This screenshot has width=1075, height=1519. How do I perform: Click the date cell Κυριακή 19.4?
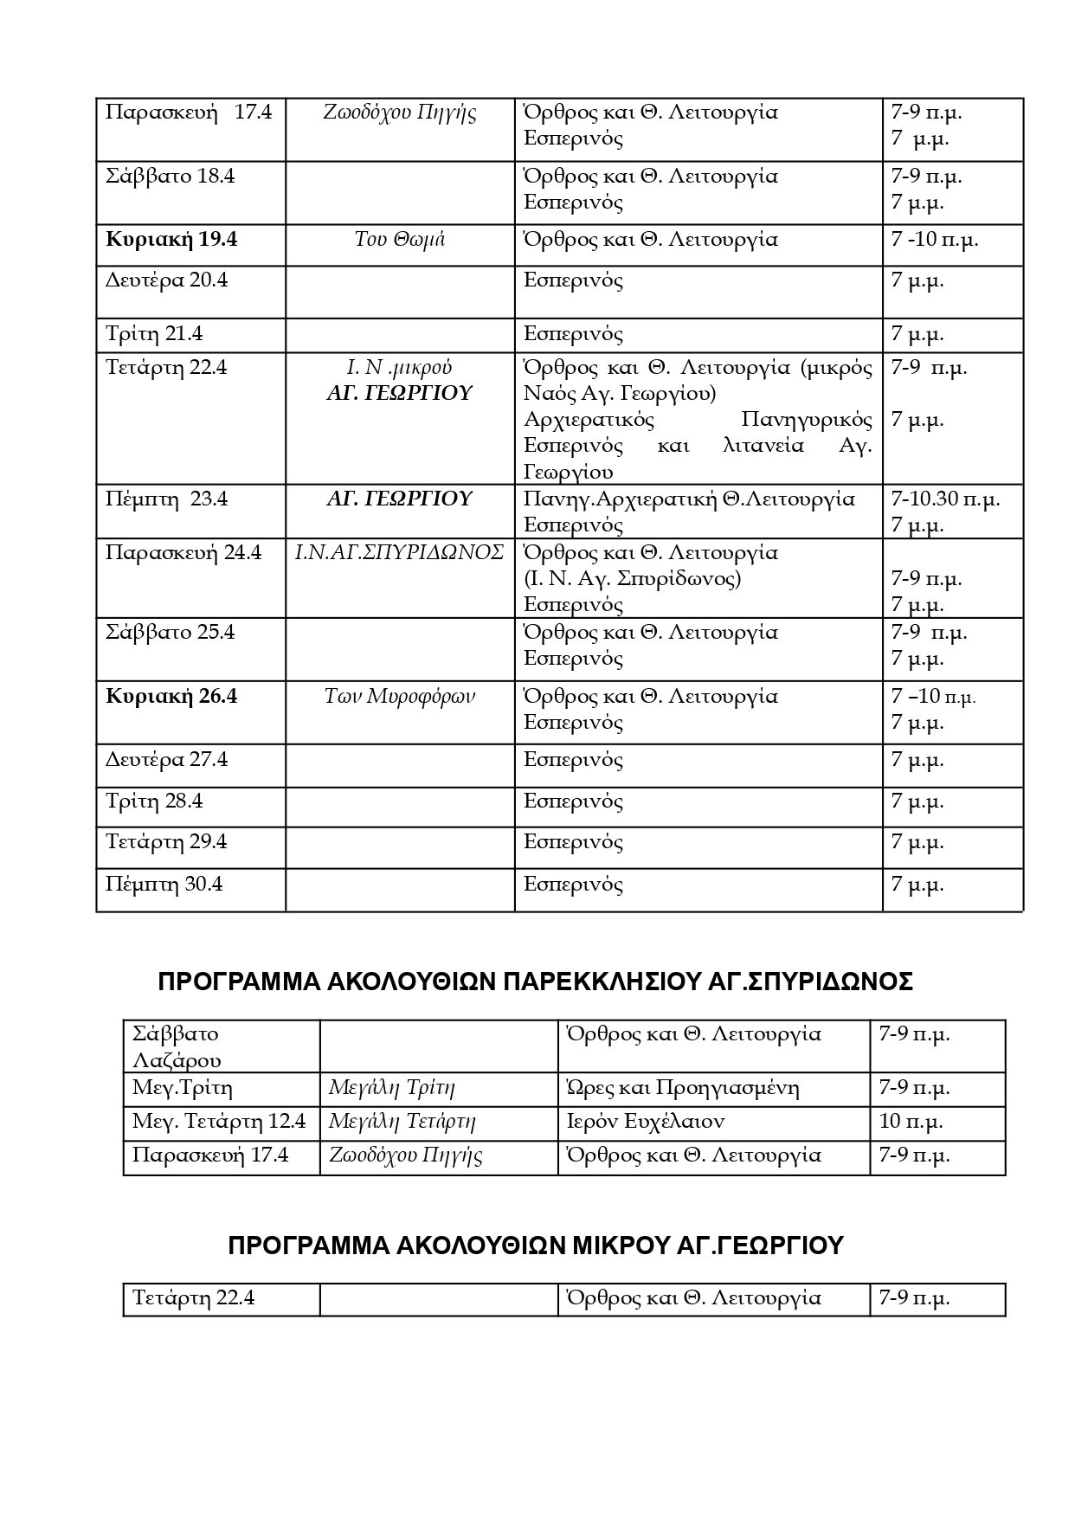[x=171, y=240]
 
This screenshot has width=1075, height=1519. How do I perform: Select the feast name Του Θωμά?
[x=399, y=240]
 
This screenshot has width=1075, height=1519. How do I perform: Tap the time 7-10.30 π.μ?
[x=945, y=499]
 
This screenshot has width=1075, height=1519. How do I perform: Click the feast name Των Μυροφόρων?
[x=399, y=697]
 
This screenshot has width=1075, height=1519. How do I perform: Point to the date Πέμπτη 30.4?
[x=164, y=885]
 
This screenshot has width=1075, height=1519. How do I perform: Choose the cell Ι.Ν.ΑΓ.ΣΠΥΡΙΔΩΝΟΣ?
[x=399, y=553]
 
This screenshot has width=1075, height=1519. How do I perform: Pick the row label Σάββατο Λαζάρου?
[x=177, y=1047]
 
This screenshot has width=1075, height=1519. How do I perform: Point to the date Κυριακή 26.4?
[x=171, y=697]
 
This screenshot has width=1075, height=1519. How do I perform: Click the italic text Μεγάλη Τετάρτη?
[x=402, y=1122]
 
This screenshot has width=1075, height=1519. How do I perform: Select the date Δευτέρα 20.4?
[x=166, y=280]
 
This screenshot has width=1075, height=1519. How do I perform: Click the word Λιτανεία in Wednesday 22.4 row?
[x=762, y=447]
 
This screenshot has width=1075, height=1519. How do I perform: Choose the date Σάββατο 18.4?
[x=170, y=177]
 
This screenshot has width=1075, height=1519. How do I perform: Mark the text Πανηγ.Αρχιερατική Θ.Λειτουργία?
[x=689, y=499]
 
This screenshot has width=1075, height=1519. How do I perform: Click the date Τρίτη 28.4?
[x=154, y=801]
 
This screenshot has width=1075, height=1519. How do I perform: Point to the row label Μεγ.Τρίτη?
[x=183, y=1088]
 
